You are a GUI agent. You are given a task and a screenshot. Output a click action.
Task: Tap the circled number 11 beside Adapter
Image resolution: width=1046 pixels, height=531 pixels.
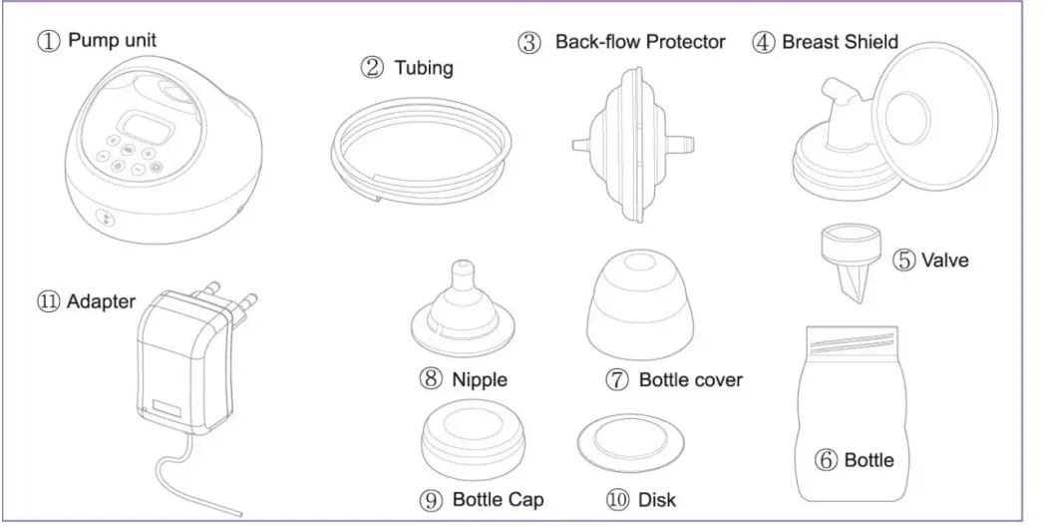(48, 300)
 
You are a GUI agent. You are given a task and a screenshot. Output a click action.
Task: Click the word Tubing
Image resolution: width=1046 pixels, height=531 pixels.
(423, 69)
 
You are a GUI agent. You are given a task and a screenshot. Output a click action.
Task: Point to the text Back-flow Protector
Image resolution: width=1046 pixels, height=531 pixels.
(640, 43)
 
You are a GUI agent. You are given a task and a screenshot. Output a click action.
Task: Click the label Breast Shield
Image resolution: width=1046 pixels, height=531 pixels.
(840, 43)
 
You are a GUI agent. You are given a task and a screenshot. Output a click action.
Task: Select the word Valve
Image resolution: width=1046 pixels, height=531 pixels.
(944, 262)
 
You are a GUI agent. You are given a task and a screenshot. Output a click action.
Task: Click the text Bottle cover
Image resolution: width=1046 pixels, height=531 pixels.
(690, 380)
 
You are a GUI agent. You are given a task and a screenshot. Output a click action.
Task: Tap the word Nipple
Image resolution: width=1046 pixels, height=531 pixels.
(480, 380)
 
